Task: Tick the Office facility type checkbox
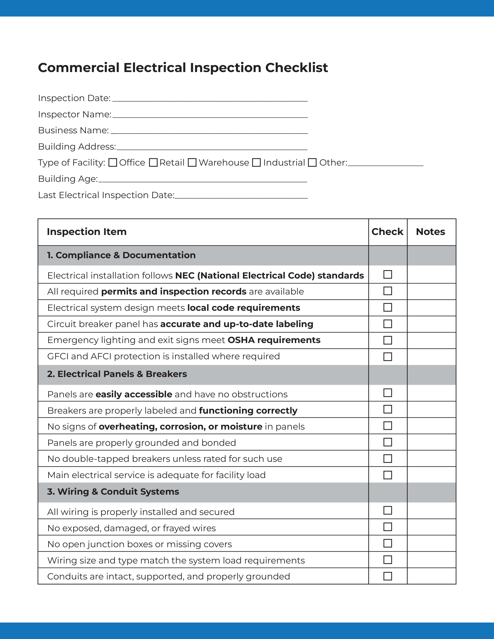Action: (113, 163)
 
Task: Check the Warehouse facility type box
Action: (192, 163)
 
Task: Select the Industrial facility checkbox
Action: (256, 163)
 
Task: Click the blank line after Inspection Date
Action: (210, 99)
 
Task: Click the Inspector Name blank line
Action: (210, 115)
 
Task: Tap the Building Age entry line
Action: (203, 180)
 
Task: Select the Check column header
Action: (387, 232)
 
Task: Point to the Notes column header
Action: (430, 232)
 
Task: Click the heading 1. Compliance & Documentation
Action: (121, 255)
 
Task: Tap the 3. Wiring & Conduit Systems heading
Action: (113, 491)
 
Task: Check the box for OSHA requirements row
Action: (387, 340)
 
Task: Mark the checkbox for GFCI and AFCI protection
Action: (387, 357)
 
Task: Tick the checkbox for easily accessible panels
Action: (387, 393)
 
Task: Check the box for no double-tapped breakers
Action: (387, 458)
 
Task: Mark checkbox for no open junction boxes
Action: (387, 543)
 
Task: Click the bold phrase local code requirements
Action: (244, 308)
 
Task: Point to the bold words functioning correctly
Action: (248, 410)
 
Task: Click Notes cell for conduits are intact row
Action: (431, 576)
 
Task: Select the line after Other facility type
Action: (385, 164)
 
